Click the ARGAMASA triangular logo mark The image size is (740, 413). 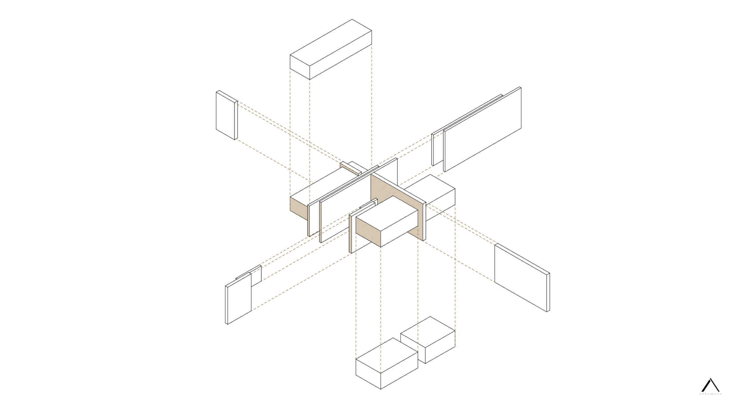(x=710, y=385)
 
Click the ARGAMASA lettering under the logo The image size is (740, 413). (x=710, y=394)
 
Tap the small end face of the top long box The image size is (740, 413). (x=300, y=67)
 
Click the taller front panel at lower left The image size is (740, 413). (x=239, y=299)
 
